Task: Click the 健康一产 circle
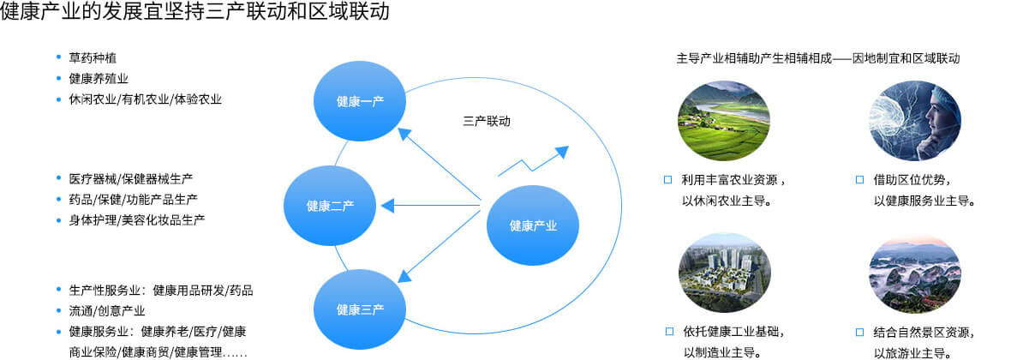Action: [360, 101]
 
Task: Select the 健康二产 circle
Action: [330, 206]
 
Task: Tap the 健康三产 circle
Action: [360, 309]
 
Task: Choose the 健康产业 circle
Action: [533, 225]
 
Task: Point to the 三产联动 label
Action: [487, 122]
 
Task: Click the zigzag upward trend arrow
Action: [533, 162]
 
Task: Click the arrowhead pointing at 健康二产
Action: [388, 206]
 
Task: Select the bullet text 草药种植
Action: [93, 58]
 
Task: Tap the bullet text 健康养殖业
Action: [99, 79]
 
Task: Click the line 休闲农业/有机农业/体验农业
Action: [145, 99]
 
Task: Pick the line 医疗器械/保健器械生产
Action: [131, 179]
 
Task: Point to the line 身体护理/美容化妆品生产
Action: [137, 220]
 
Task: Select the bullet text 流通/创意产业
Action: [107, 311]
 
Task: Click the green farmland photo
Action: [724, 121]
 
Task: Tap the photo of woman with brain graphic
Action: [915, 121]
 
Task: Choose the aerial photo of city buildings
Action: [725, 273]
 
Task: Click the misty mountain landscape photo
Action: [915, 274]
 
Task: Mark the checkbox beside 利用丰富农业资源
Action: [668, 180]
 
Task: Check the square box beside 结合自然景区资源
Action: [860, 332]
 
